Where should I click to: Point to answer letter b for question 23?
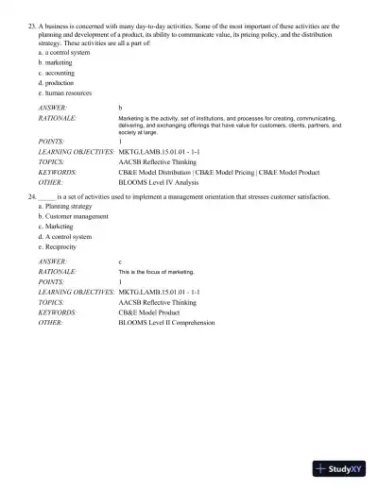[120, 109]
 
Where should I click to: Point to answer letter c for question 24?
[120, 261]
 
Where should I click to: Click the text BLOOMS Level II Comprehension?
[166, 322]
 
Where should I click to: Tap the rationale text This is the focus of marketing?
[156, 272]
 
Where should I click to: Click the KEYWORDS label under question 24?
[58, 312]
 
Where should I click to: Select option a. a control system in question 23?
[65, 52]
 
